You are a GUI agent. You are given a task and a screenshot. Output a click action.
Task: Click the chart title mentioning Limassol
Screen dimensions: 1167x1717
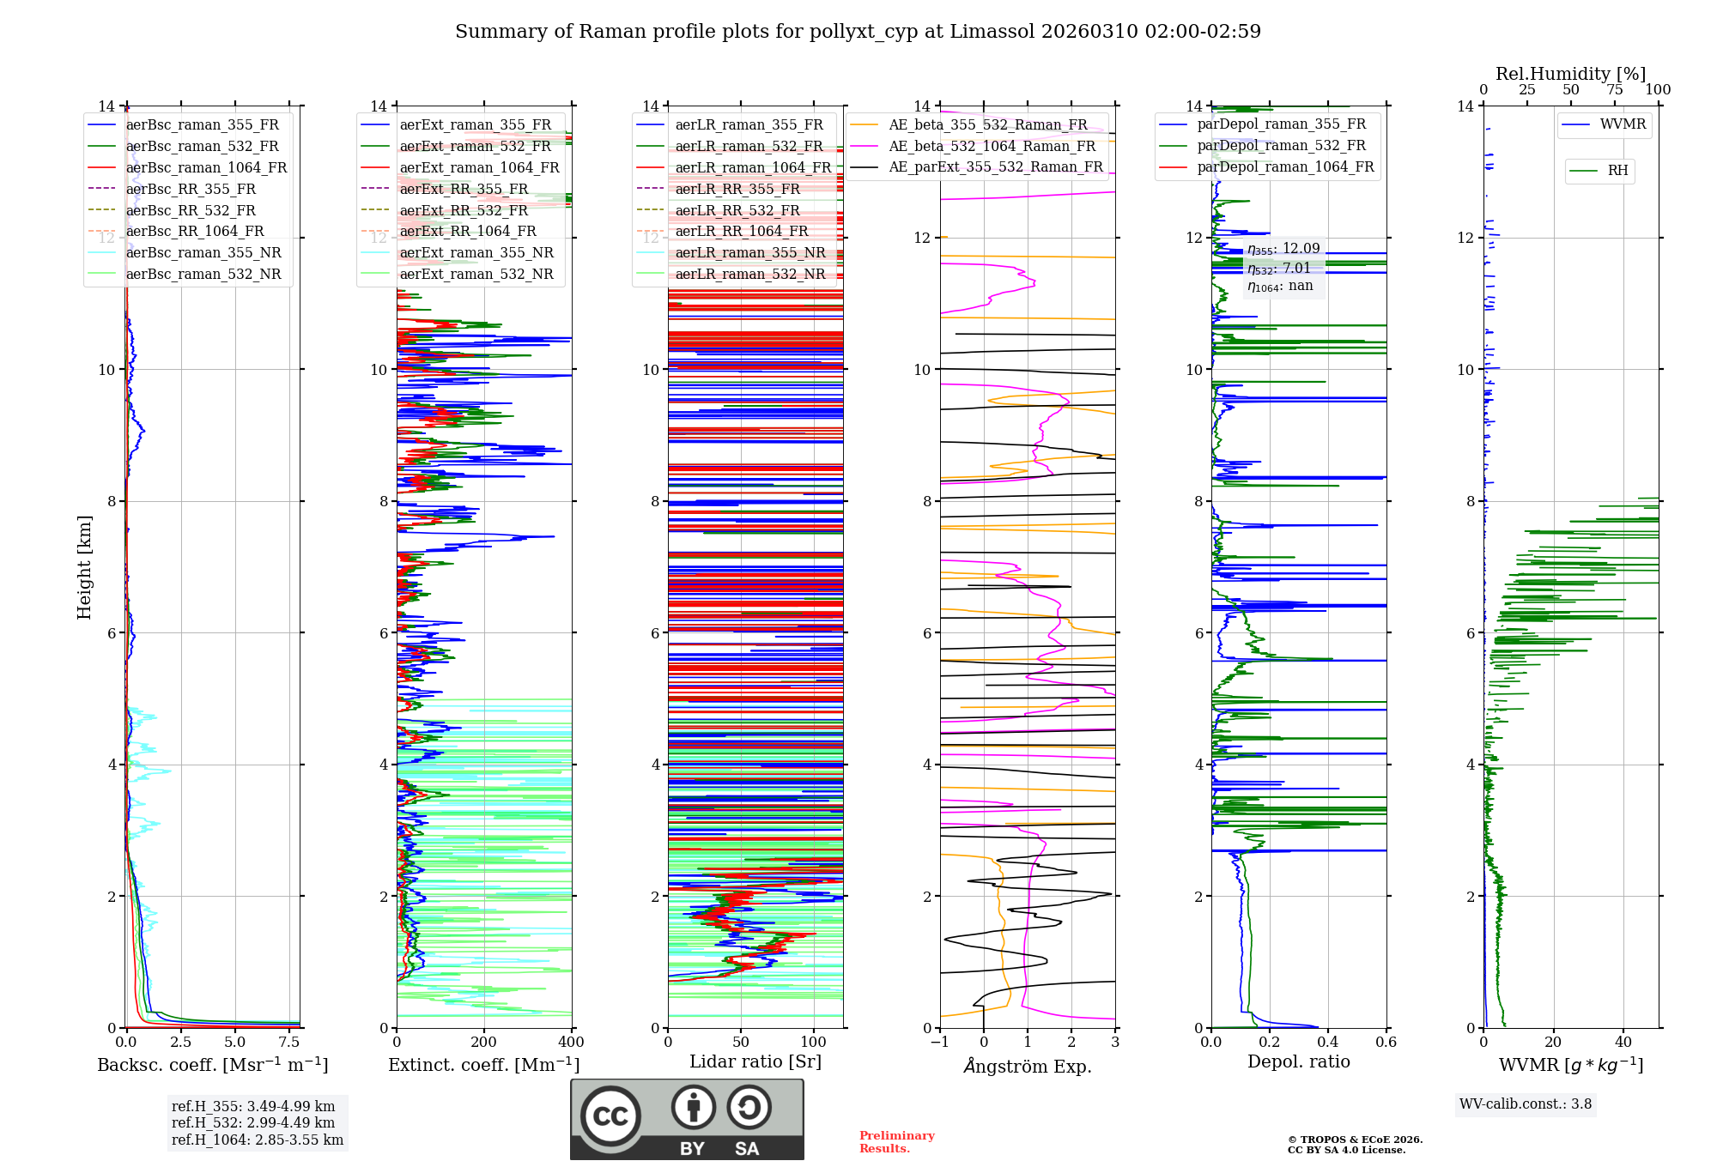tap(858, 32)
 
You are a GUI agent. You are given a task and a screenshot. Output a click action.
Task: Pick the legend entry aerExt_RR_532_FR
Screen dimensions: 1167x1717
tap(464, 210)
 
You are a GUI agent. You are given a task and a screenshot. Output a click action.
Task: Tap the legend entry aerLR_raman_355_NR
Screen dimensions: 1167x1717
tap(749, 252)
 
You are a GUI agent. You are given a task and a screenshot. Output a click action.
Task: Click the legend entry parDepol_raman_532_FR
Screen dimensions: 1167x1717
tap(1281, 146)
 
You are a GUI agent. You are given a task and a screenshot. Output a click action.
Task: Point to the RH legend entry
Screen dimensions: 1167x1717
tap(1617, 171)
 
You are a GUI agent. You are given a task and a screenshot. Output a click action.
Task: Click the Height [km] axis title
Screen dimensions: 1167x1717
tap(84, 567)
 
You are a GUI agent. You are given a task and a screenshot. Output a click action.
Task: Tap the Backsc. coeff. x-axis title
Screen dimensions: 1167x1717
tap(212, 1065)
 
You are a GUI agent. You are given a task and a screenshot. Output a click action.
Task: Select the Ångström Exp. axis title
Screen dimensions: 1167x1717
tap(1028, 1066)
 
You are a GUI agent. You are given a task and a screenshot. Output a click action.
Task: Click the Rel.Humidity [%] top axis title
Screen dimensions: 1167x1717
tap(1570, 74)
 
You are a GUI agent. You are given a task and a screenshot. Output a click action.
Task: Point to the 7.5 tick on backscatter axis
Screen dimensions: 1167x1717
tap(289, 1043)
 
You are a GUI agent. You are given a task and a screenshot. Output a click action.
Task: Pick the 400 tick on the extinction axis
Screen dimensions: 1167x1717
tap(571, 1043)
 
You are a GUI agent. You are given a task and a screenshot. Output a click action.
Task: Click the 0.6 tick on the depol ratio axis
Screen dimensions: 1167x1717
tap(1386, 1043)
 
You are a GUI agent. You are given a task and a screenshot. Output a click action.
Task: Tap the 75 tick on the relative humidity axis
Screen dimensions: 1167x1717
tap(1614, 90)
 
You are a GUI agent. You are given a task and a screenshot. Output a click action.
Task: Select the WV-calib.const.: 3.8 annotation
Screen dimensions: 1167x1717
tap(1526, 1104)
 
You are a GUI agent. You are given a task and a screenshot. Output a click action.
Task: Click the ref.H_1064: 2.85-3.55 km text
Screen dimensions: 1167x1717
tap(258, 1140)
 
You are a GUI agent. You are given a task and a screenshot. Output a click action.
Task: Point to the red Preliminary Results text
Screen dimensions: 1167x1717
tap(896, 1142)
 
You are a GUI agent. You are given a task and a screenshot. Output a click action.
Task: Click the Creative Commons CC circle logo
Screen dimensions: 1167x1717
tap(610, 1116)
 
